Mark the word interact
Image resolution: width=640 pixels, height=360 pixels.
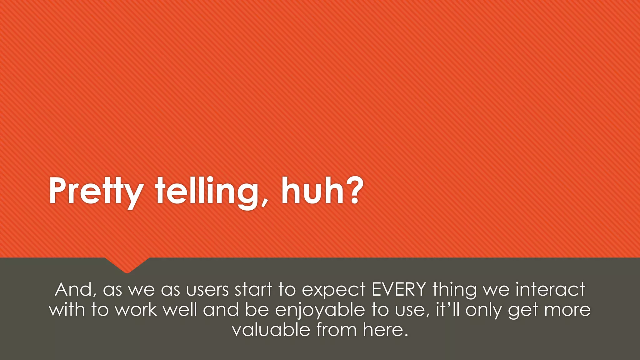(550, 289)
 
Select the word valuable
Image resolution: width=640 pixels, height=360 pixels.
(271, 330)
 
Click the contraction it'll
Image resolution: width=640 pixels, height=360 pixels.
(447, 309)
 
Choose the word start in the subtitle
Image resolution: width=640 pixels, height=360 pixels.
(253, 289)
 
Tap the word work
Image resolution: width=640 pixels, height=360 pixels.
(136, 310)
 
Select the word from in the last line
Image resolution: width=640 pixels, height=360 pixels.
(336, 330)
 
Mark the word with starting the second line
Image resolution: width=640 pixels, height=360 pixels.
(67, 310)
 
